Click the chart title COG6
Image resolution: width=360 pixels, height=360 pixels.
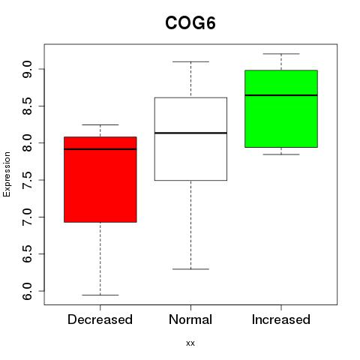[x=190, y=23]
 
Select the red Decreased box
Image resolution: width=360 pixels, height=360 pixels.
[x=100, y=179]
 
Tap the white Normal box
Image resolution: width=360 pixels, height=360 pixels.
[x=190, y=139]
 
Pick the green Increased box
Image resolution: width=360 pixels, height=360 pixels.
[x=281, y=109]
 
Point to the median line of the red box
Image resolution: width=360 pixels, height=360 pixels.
[x=100, y=149]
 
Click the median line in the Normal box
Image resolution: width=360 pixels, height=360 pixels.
[x=190, y=133]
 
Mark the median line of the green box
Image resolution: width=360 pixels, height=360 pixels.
[x=281, y=95]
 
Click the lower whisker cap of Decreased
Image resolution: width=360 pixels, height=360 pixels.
[x=100, y=295]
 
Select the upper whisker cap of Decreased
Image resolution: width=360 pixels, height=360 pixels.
[x=100, y=124]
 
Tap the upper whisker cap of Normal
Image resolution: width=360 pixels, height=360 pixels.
[x=190, y=61]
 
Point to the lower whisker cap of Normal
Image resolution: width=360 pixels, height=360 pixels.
[x=190, y=269]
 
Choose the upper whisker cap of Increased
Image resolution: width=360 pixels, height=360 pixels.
[x=281, y=54]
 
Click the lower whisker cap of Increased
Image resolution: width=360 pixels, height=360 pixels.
[x=281, y=154]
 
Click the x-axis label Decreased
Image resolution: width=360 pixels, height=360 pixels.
[x=100, y=319]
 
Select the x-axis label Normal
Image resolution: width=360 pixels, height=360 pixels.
[x=190, y=319]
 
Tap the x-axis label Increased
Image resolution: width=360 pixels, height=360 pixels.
[x=281, y=319]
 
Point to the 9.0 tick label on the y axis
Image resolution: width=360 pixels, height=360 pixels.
[x=27, y=69]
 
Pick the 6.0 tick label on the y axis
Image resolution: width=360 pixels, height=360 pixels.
[x=27, y=291]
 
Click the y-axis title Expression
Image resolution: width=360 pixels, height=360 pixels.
[x=7, y=174]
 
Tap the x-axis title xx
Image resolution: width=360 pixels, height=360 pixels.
[x=190, y=343]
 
